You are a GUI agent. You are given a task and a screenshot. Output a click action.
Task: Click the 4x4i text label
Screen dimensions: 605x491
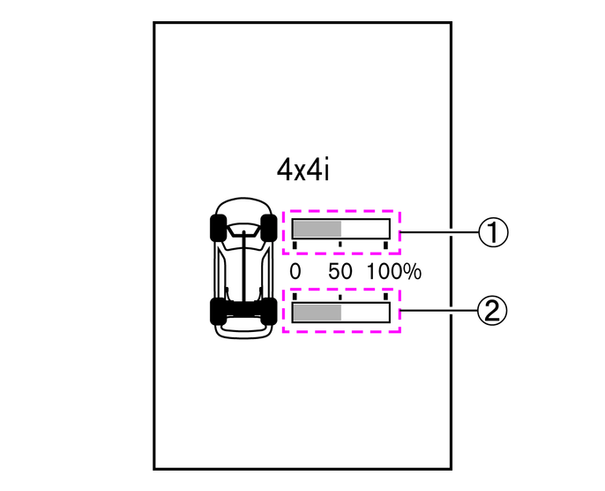click(x=302, y=170)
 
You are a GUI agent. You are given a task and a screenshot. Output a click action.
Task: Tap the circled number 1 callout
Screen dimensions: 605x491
click(x=494, y=232)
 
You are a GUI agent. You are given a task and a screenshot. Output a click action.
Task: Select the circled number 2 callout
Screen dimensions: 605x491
click(x=492, y=310)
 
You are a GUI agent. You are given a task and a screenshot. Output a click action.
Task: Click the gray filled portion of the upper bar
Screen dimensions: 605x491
click(x=317, y=229)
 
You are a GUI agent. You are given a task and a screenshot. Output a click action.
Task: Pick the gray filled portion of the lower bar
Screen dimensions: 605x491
click(x=317, y=313)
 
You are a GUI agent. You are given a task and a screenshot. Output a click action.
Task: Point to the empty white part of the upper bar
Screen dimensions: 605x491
click(x=365, y=229)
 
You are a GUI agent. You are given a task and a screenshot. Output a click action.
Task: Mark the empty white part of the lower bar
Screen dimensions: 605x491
click(x=365, y=313)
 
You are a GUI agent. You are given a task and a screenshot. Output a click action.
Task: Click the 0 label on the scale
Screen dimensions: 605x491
click(x=295, y=272)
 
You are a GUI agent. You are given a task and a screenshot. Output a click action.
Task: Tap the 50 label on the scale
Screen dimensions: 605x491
click(x=340, y=272)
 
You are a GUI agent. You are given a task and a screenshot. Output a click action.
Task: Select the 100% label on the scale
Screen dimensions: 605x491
click(x=394, y=272)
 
